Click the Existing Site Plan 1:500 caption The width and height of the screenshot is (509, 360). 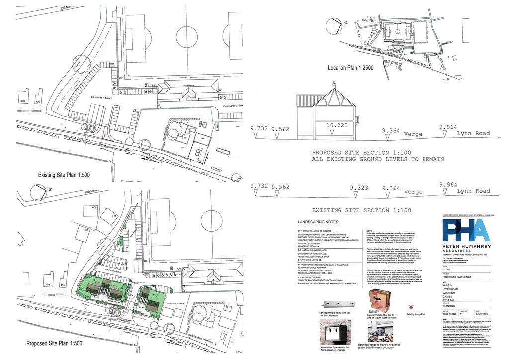[x=64, y=175]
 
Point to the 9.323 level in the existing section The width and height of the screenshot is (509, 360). [x=359, y=188]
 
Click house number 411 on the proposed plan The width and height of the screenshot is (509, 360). [x=114, y=216]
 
